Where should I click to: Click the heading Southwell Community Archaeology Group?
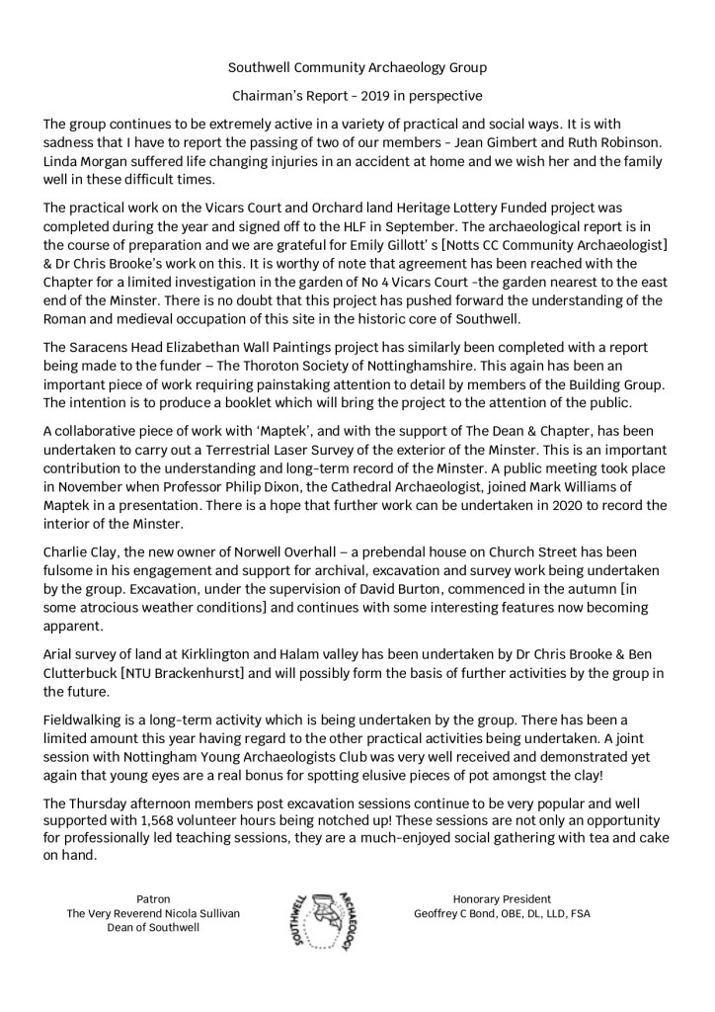[x=357, y=68]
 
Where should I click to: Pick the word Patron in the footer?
[x=153, y=900]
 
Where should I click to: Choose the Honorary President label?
[x=502, y=900]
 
